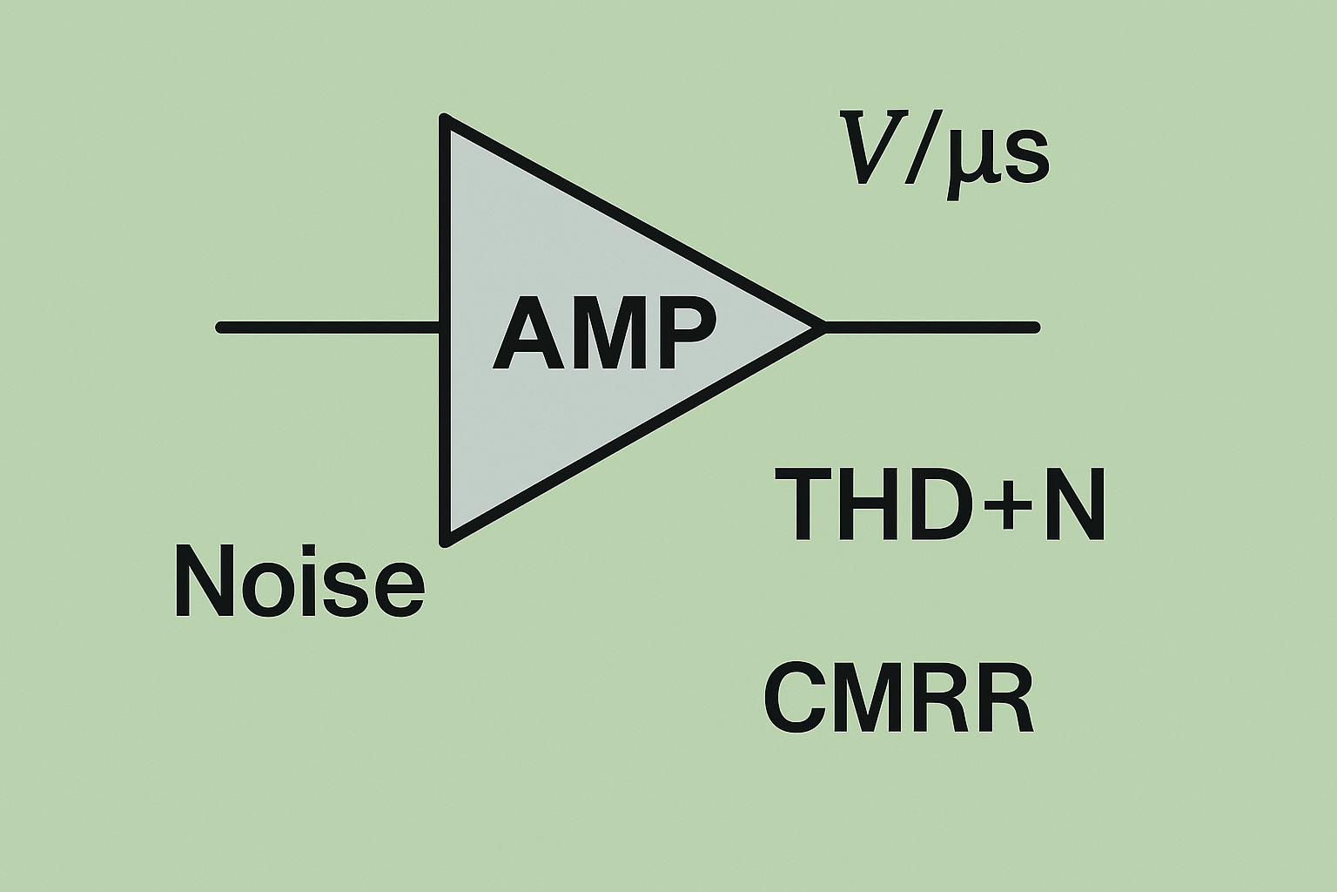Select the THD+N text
pyautogui.click(x=945, y=504)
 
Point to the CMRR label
pyautogui.click(x=898, y=699)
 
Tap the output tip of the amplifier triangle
pyautogui.click(x=820, y=328)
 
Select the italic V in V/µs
pyautogui.click(x=872, y=158)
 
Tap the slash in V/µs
pyautogui.click(x=918, y=159)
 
